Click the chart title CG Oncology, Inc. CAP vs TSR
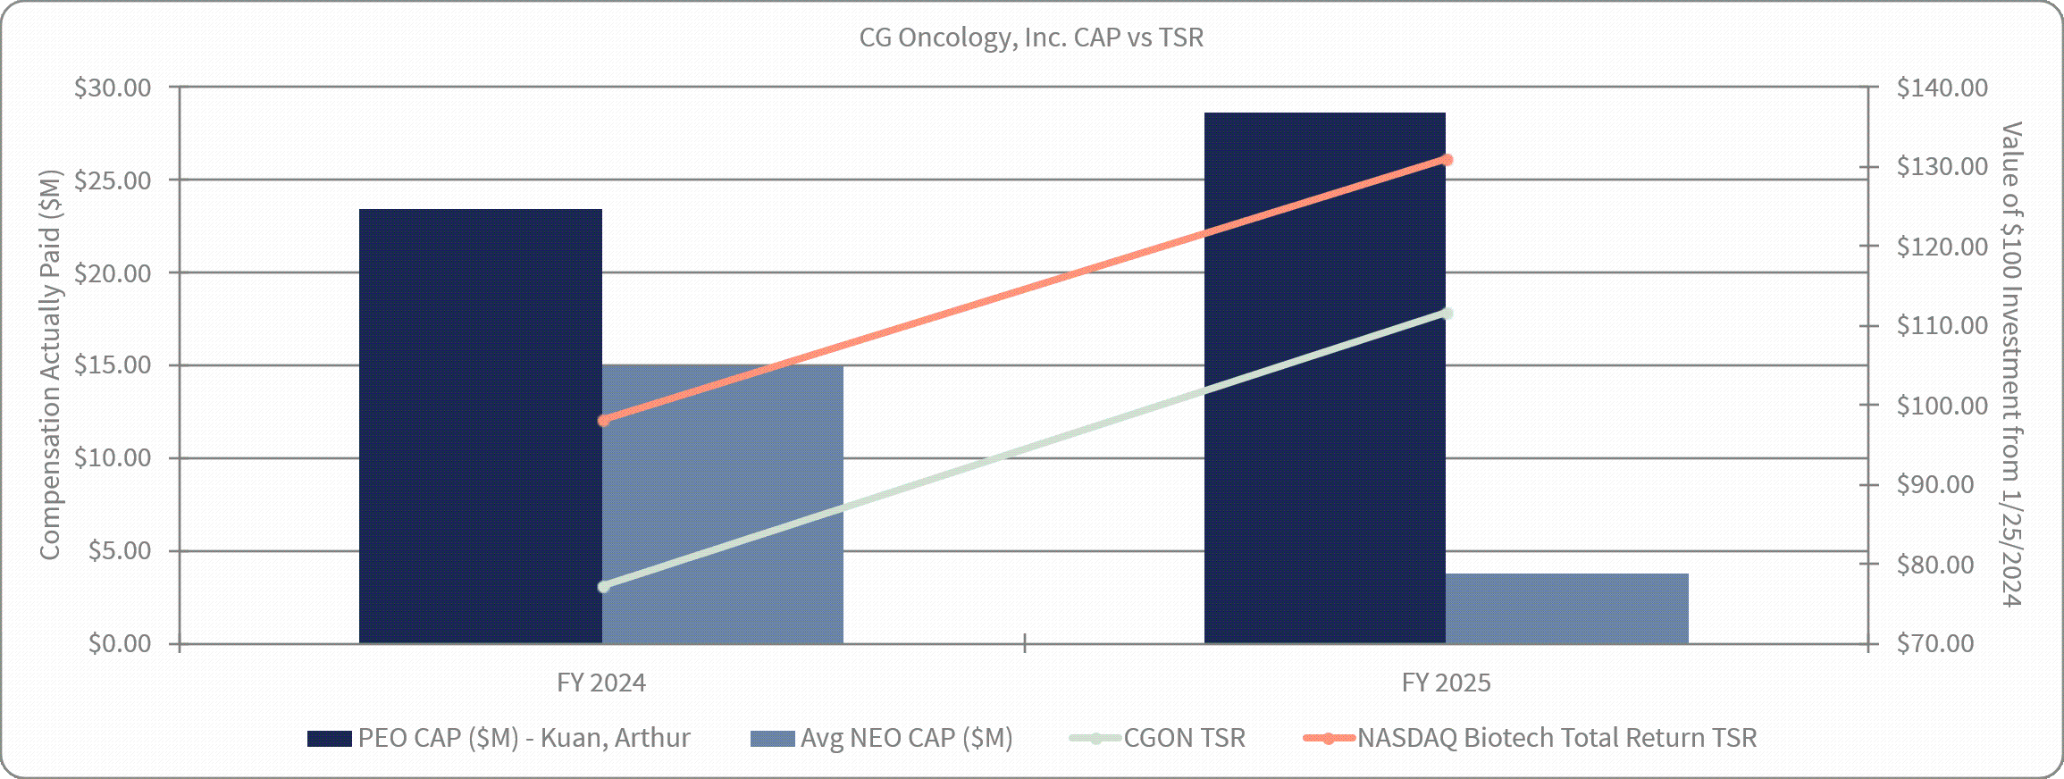pyautogui.click(x=1031, y=38)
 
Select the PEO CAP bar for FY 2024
pyautogui.click(x=480, y=426)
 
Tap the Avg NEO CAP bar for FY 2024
pyautogui.click(x=723, y=504)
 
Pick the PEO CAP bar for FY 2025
pyautogui.click(x=1324, y=378)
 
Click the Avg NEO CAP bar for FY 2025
pyautogui.click(x=1567, y=608)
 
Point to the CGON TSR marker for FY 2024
pyautogui.click(x=604, y=587)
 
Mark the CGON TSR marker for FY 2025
pyautogui.click(x=1447, y=314)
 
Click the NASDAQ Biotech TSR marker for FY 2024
pyautogui.click(x=604, y=420)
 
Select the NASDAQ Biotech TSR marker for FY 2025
pyautogui.click(x=1447, y=160)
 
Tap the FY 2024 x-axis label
pyautogui.click(x=600, y=683)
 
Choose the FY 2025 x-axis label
pyautogui.click(x=1446, y=683)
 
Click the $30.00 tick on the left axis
pyautogui.click(x=113, y=88)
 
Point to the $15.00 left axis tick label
pyautogui.click(x=113, y=365)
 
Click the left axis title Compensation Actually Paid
pyautogui.click(x=50, y=365)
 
